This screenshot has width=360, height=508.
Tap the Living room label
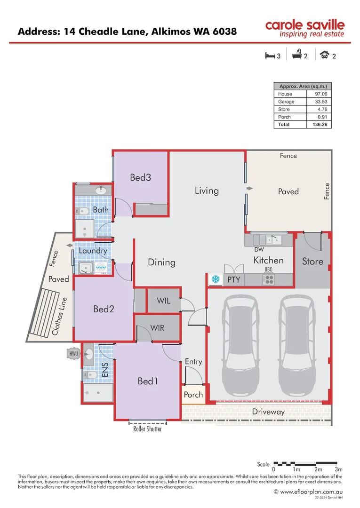pos(207,190)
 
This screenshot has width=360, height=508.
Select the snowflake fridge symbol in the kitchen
pos(216,279)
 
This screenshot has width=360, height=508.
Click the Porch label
pos(193,395)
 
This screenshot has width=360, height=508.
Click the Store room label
pos(312,261)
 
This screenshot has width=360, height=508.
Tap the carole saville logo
pos(304,28)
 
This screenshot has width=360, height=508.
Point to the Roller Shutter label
pos(147,429)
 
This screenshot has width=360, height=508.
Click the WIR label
pos(158,327)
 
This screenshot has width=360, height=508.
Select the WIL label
pos(163,301)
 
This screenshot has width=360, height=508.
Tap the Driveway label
pos(268,412)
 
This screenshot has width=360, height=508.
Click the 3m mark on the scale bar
pos(338,469)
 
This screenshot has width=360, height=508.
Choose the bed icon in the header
pos(270,56)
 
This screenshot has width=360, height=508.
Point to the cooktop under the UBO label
pos(268,279)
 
